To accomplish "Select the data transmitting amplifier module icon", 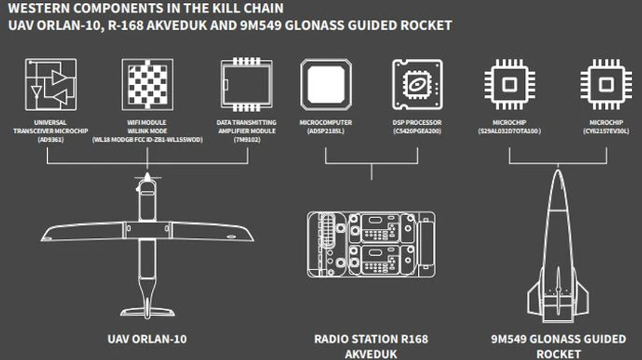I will (246, 83).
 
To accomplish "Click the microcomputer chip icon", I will (326, 83).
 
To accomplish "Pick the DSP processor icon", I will (417, 83).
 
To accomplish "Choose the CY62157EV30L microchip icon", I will (606, 83).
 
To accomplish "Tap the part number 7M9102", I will (246, 139).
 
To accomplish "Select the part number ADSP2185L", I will (326, 131).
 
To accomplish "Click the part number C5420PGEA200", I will (417, 131).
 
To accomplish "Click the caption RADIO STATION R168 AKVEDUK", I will (371, 346).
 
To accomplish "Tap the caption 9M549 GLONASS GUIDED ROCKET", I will (559, 346).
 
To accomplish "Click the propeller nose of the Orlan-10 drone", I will (146, 175).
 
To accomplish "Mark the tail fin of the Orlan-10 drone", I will (146, 303).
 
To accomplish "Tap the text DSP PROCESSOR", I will (417, 123).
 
